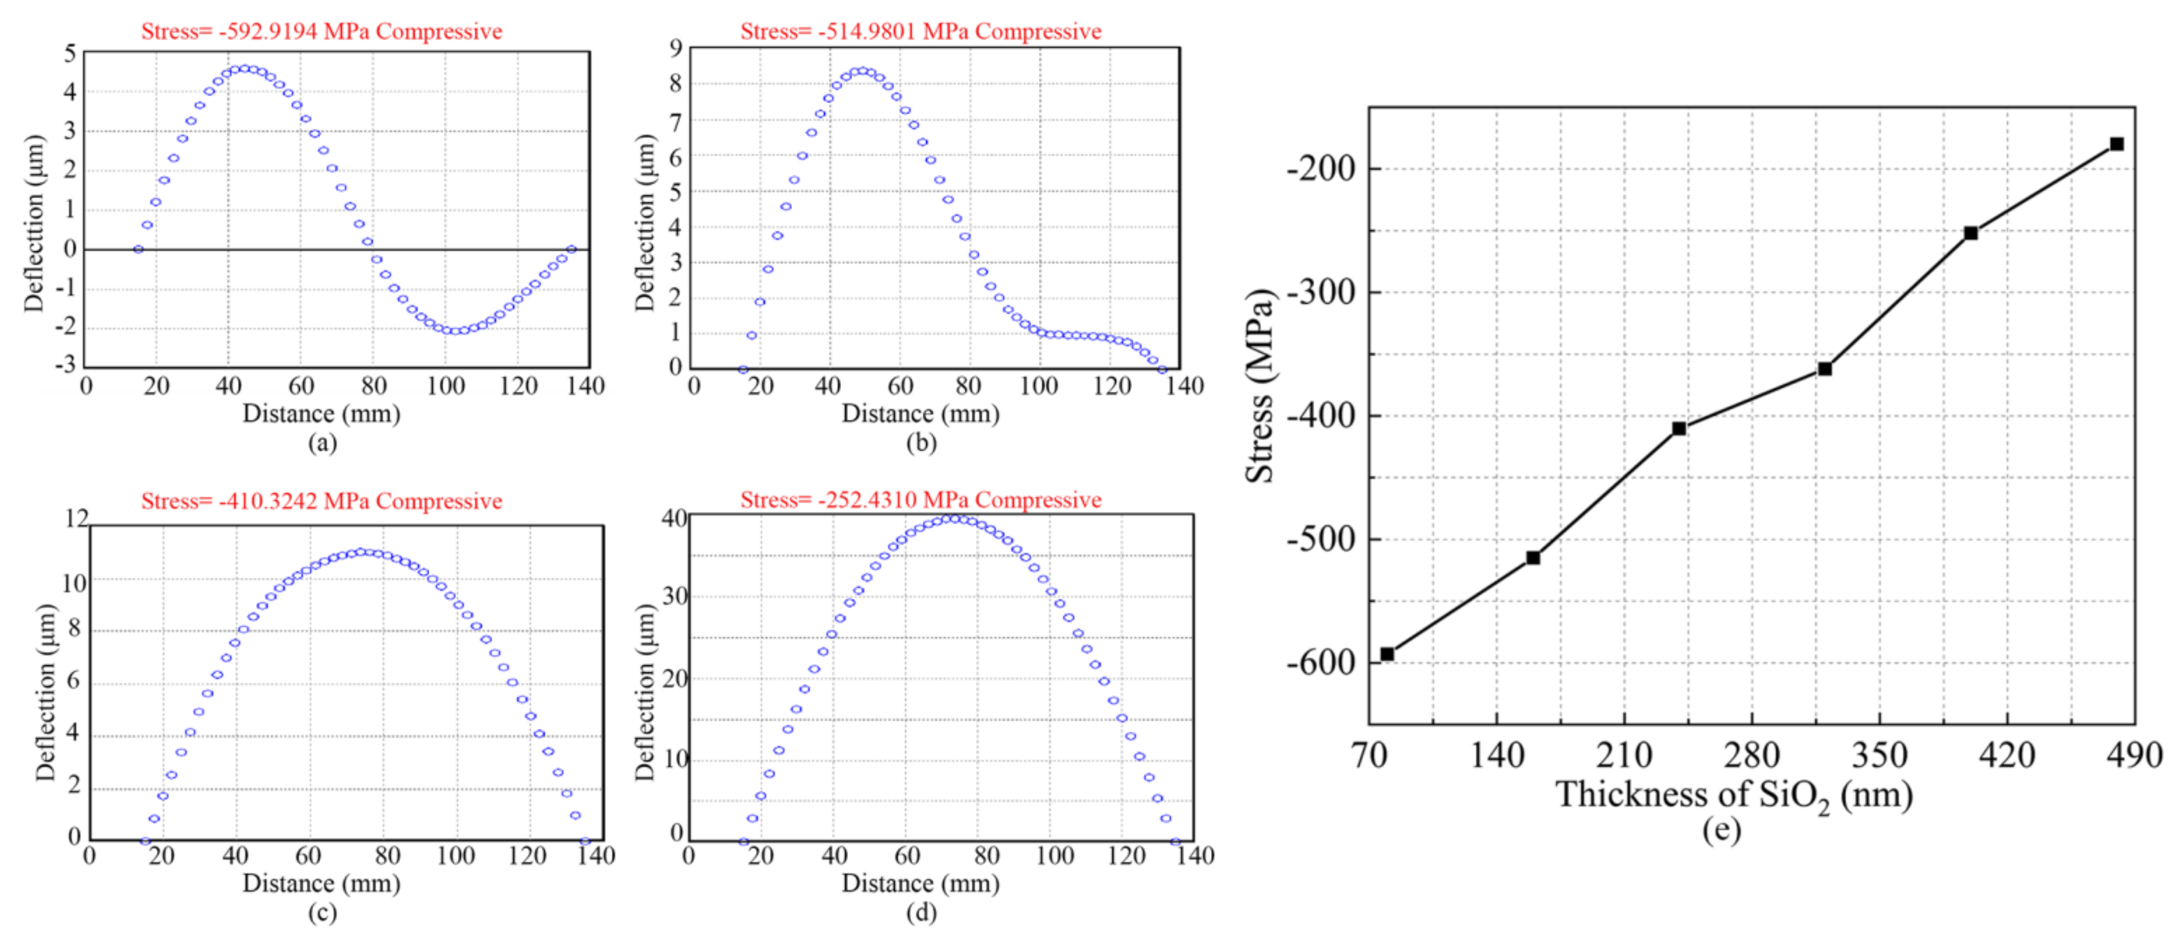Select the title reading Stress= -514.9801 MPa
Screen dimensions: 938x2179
tap(921, 31)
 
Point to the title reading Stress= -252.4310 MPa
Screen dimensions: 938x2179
tap(921, 500)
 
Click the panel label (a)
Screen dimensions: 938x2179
tap(322, 442)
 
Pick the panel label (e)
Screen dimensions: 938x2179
tap(1721, 830)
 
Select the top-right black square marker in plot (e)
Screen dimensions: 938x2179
tap(2116, 144)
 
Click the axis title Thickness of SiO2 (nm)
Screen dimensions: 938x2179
tap(1733, 795)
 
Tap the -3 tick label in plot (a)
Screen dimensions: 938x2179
tap(65, 365)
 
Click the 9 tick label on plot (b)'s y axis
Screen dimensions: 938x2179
tap(675, 48)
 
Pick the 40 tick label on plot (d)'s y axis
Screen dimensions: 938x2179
tap(674, 517)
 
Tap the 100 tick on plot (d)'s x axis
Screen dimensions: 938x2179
tap(1055, 856)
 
